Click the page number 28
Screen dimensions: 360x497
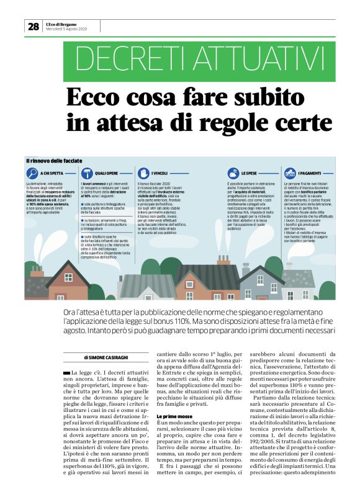point(32,26)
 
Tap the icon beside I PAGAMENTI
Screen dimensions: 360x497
point(290,172)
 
